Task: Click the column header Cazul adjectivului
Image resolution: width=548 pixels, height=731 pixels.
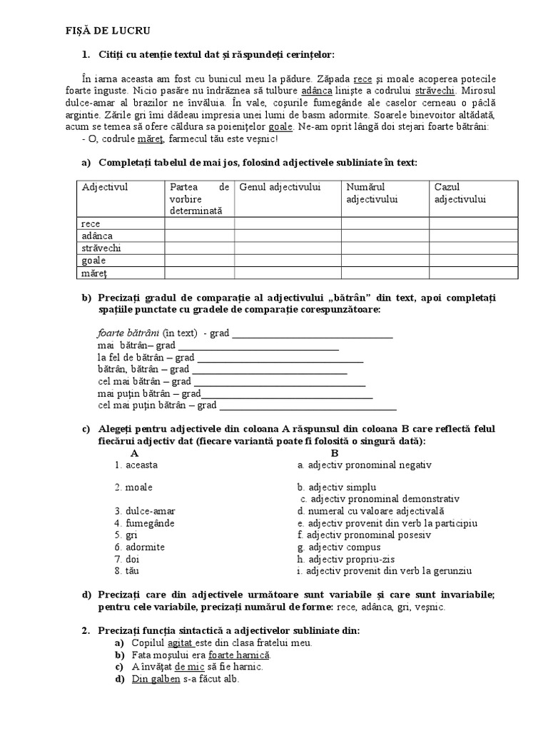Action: click(460, 193)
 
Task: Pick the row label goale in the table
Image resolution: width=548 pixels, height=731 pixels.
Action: click(94, 260)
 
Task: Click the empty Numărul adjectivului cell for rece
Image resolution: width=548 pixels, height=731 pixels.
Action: click(385, 223)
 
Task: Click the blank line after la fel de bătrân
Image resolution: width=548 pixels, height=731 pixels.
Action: click(280, 358)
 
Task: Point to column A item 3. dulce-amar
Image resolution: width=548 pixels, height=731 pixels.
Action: click(145, 511)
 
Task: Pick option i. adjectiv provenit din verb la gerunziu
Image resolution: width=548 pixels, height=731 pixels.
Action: click(385, 570)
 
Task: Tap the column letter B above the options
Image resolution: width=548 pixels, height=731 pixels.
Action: click(335, 453)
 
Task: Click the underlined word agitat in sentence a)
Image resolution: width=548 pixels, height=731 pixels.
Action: click(181, 642)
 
